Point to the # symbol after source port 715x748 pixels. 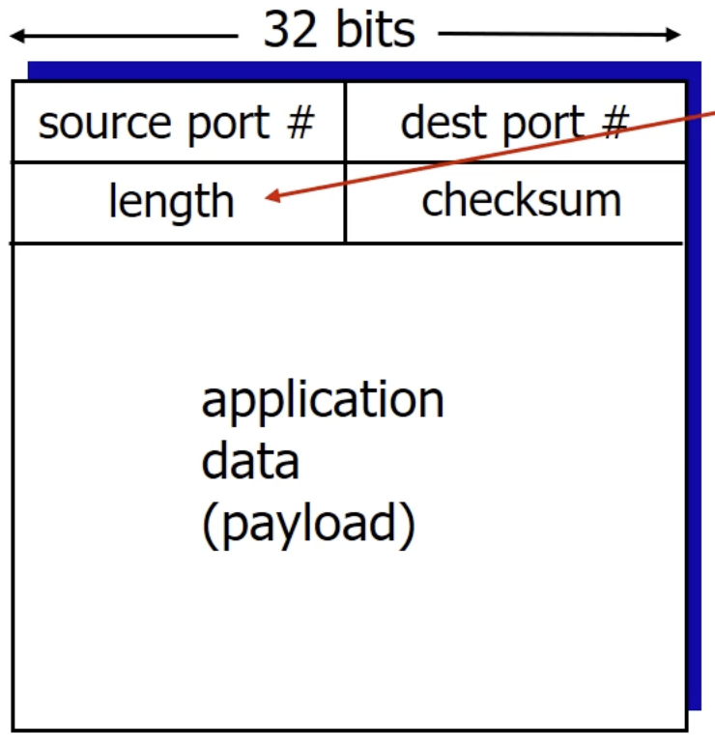pos(300,124)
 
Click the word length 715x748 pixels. pos(171,201)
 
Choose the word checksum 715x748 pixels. pos(522,200)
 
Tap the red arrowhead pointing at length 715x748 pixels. pos(272,198)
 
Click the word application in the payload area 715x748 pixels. pos(323,400)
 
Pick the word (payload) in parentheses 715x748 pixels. pos(308,525)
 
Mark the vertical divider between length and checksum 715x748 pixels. pos(345,202)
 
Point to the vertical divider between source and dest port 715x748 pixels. pos(345,122)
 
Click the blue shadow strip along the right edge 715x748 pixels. pos(694,387)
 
